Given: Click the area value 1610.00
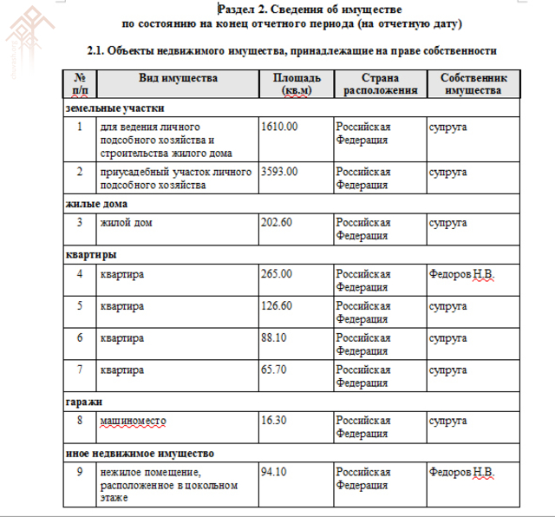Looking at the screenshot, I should [279, 127].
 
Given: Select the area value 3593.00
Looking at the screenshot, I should [279, 172].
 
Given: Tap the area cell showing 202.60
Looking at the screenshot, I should [277, 222].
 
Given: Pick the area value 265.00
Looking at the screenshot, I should [277, 274].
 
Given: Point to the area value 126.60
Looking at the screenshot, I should [277, 306].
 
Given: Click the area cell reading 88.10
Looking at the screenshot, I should [274, 338].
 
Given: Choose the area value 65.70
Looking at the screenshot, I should [274, 370].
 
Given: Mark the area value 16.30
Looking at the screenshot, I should [274, 421].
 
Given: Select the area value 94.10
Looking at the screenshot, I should [274, 473].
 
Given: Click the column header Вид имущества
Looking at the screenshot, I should [178, 78].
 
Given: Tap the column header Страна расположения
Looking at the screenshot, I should [379, 83].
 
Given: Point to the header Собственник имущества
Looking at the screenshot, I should [473, 83].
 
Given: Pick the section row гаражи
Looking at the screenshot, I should [84, 402].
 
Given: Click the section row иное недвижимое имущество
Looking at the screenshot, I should [140, 454].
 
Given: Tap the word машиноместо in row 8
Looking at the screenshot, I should [133, 421].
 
